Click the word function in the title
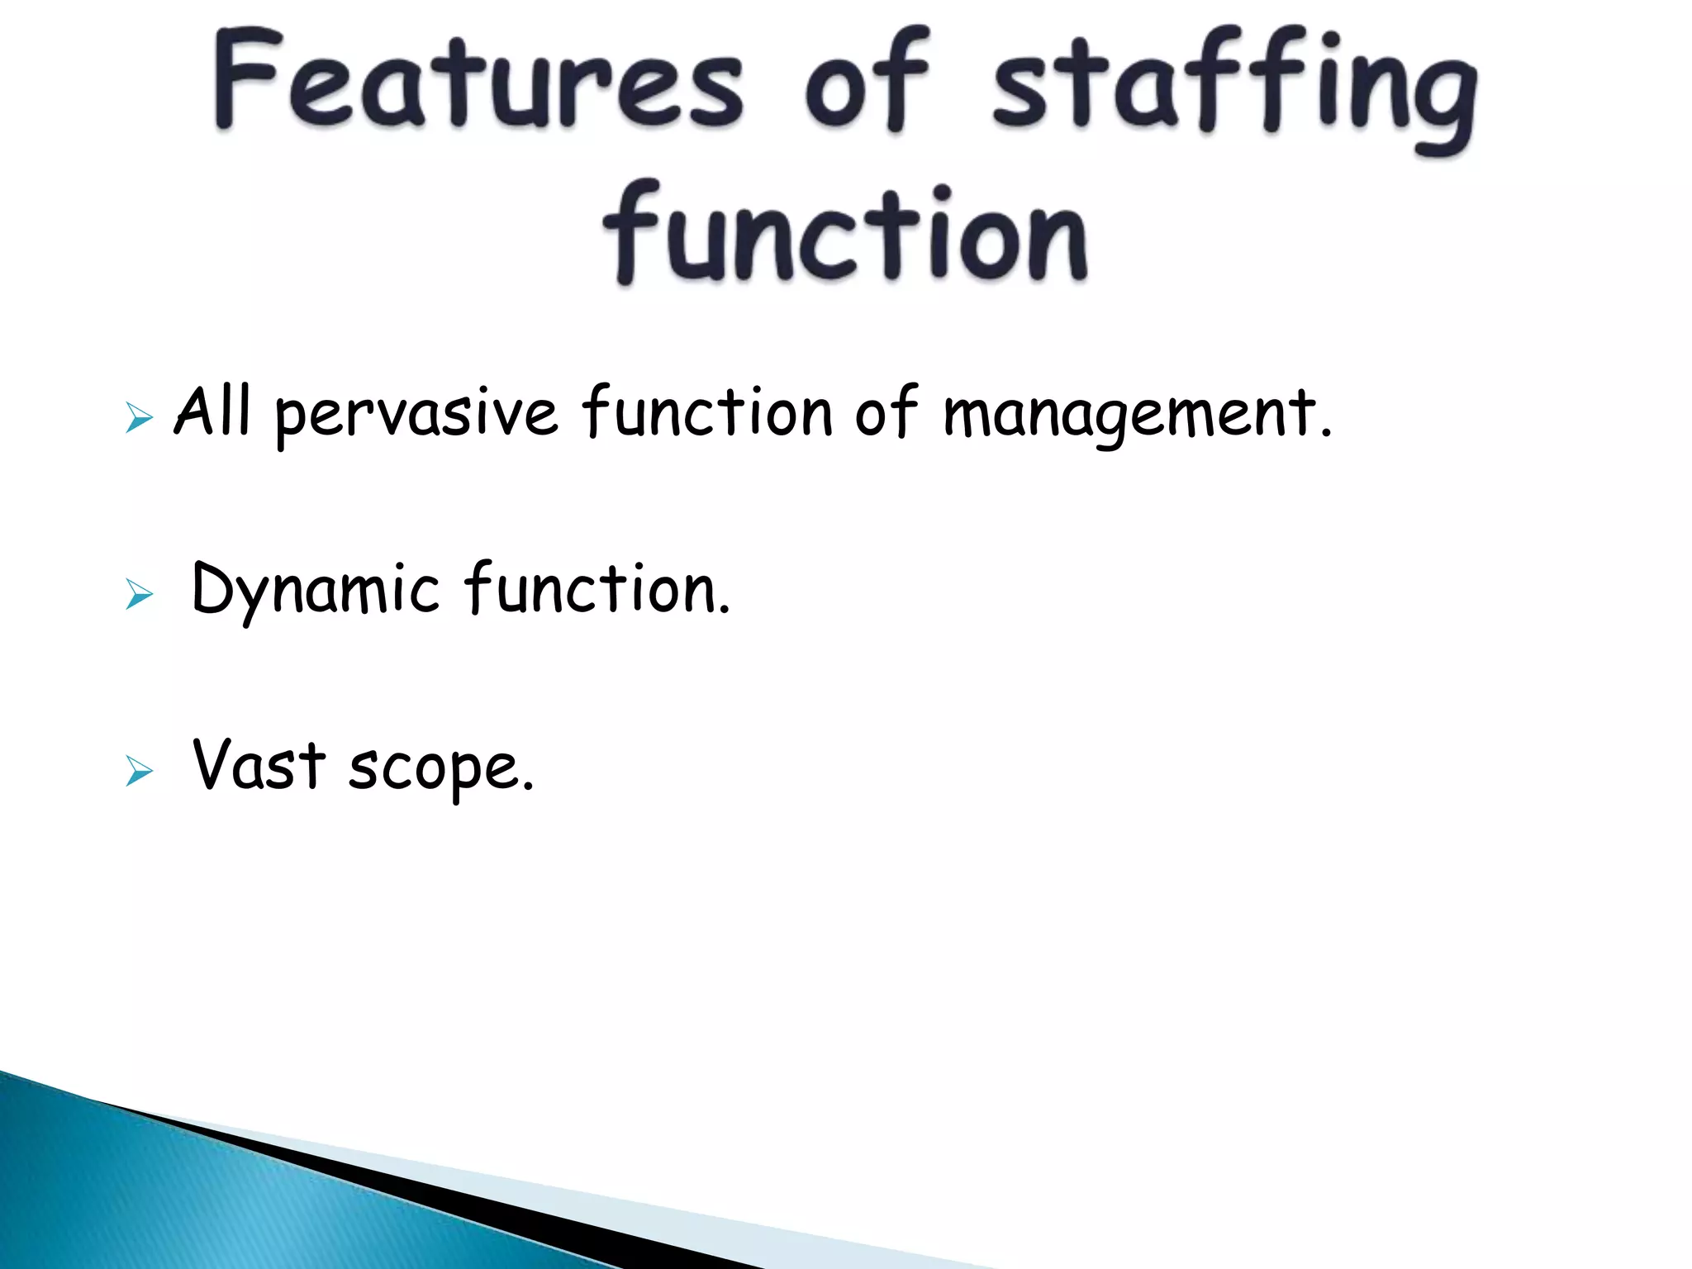point(844,235)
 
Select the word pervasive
point(416,415)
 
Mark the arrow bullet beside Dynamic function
point(139,594)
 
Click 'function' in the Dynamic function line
point(596,588)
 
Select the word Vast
point(259,765)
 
